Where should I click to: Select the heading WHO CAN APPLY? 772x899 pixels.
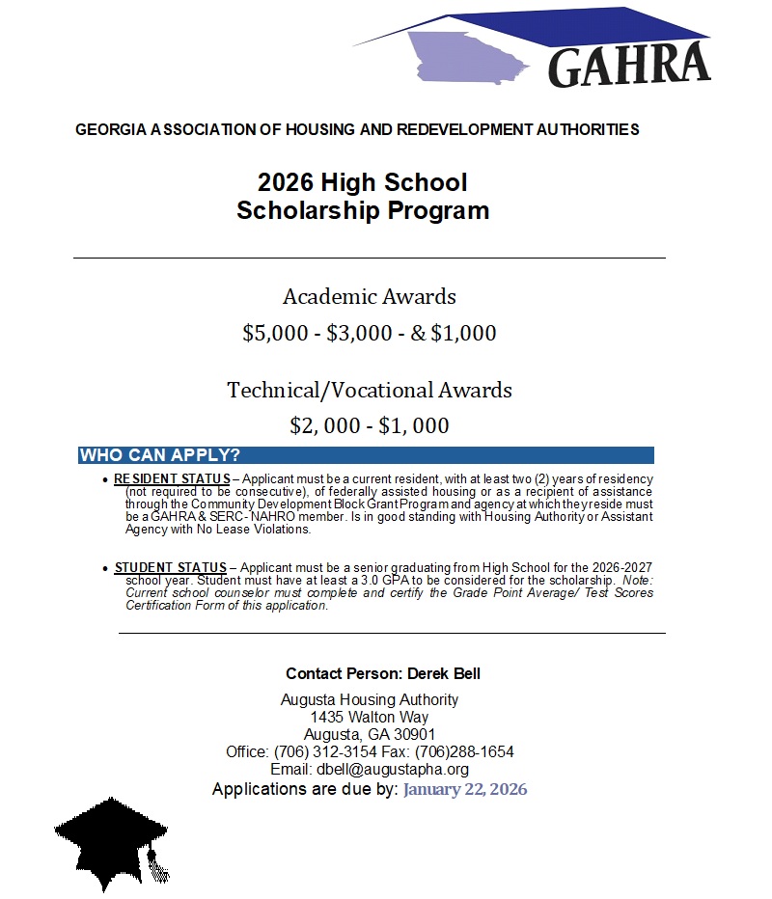pyautogui.click(x=160, y=455)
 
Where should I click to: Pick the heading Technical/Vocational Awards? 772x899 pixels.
pyautogui.click(x=370, y=390)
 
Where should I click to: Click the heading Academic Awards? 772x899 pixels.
pyautogui.click(x=370, y=296)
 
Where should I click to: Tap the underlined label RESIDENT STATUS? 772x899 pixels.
pyautogui.click(x=172, y=479)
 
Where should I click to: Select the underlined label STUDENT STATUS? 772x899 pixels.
pyautogui.click(x=170, y=567)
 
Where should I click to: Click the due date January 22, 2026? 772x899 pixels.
pyautogui.click(x=465, y=789)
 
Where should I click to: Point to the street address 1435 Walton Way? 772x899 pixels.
pyautogui.click(x=370, y=717)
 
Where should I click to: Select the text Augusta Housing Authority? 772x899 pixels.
pyautogui.click(x=370, y=699)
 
